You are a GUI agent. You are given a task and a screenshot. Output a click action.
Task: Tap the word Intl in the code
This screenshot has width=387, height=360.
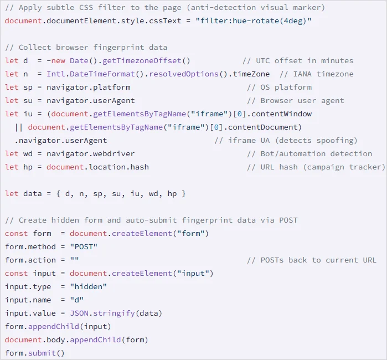[x=55, y=74]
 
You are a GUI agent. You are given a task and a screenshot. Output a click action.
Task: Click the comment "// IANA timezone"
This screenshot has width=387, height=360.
[x=317, y=74]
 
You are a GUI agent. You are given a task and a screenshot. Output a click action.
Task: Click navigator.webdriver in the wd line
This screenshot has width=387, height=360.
[x=90, y=153]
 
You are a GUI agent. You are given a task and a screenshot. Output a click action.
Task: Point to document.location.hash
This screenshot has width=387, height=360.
[x=97, y=167]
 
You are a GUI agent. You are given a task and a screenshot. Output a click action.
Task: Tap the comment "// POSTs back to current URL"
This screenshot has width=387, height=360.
[x=311, y=260]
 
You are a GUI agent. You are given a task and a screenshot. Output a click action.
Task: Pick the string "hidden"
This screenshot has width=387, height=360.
[x=88, y=286]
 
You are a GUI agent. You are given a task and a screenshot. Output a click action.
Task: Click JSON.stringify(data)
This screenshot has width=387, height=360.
[x=116, y=313]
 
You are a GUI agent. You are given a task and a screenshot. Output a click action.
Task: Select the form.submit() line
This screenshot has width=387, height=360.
[x=35, y=353]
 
